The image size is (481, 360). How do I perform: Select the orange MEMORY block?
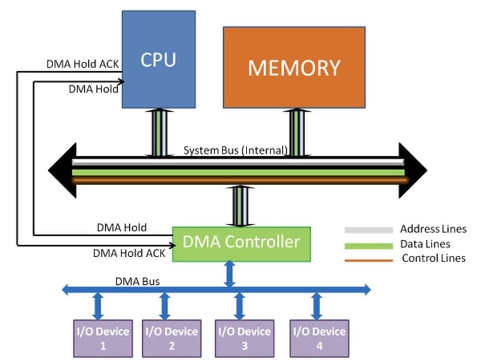(x=294, y=67)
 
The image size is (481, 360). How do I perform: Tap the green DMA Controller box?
(x=241, y=243)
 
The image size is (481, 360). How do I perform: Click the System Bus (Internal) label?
(x=236, y=150)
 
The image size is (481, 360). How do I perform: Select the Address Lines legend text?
(x=433, y=229)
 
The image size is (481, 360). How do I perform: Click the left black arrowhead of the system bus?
(x=63, y=171)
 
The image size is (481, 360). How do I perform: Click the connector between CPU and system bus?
(x=159, y=133)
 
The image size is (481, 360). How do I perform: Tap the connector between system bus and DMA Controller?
(x=240, y=206)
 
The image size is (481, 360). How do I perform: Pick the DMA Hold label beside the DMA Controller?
(x=121, y=228)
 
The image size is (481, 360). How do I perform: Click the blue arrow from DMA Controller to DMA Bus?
(x=229, y=273)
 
